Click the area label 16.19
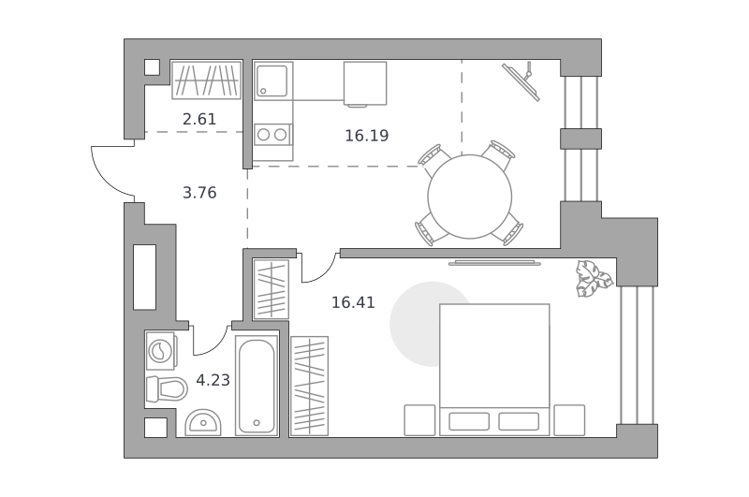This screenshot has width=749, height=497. tap(367, 136)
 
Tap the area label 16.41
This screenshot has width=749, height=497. tap(354, 302)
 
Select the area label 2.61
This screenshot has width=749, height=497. tap(199, 119)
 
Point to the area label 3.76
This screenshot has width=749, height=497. tap(199, 193)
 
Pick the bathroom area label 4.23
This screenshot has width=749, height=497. tap(213, 380)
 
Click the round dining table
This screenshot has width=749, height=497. tap(470, 197)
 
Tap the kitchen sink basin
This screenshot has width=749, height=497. tap(272, 80)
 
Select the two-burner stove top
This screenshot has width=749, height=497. tap(272, 134)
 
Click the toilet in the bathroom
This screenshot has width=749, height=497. tap(167, 389)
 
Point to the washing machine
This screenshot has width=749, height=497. tap(160, 351)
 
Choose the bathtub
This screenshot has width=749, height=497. tap(257, 386)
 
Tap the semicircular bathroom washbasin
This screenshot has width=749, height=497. tap(203, 422)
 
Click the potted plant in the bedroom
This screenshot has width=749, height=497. tap(594, 278)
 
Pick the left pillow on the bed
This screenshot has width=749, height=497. tap(469, 421)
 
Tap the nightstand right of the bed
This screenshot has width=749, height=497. tap(569, 420)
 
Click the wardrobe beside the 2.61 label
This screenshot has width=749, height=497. tap(206, 80)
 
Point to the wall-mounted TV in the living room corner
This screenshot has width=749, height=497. tap(521, 81)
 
